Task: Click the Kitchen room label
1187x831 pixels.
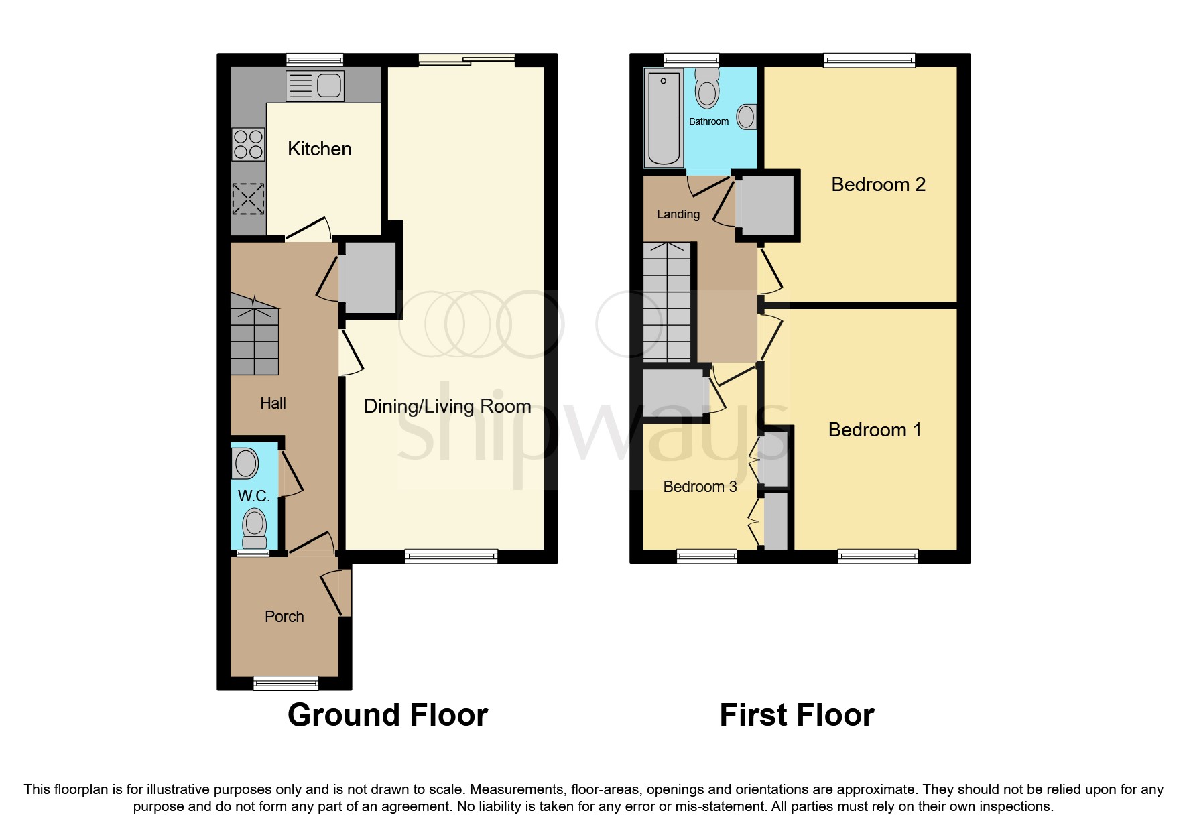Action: pos(319,149)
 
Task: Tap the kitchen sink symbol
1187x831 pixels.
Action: pos(315,86)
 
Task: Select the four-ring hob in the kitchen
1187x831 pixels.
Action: pos(248,145)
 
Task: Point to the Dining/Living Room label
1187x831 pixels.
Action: pos(447,406)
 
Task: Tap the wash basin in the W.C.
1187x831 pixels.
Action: pos(246,463)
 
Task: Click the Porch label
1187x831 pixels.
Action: pos(284,617)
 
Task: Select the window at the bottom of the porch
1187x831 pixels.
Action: pos(286,683)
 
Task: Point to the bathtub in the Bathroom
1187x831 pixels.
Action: pos(664,118)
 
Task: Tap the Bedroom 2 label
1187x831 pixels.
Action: pos(878,184)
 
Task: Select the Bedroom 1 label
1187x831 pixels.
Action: pos(875,430)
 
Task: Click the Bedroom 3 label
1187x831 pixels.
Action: pos(700,487)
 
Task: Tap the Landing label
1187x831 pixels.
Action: pos(678,214)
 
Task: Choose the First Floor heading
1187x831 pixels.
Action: pos(796,715)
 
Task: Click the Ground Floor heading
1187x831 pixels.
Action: pos(387,715)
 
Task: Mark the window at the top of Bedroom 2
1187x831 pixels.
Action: pos(869,60)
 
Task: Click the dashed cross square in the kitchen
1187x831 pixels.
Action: pos(248,199)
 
